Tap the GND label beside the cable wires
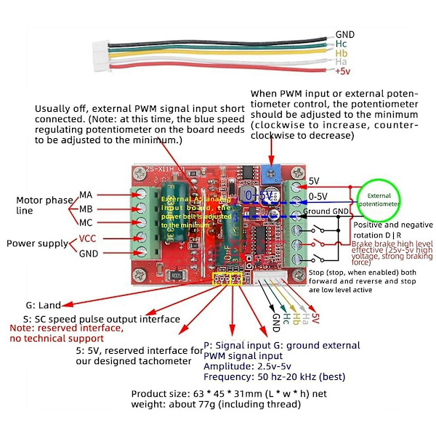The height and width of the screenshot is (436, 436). point(345,34)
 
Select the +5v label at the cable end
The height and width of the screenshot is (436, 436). point(342,71)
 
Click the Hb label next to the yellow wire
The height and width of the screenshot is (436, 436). point(342,53)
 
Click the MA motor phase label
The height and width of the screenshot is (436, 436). point(86,194)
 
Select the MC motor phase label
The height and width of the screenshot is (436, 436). point(86,222)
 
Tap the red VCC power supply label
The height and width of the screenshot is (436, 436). point(87,239)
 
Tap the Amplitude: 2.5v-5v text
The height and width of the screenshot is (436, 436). point(242,367)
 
